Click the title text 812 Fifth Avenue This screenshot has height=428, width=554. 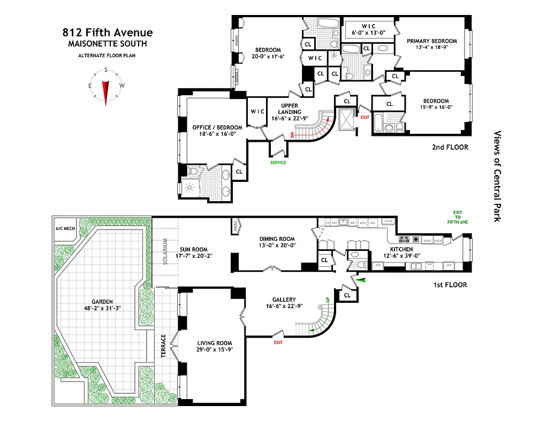(x=107, y=33)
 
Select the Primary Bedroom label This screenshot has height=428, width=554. (x=431, y=41)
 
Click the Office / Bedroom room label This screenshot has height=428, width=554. (x=217, y=127)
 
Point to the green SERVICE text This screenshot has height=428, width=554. (x=278, y=163)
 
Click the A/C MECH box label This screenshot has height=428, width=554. (x=65, y=228)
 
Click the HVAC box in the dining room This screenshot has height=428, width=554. (x=235, y=225)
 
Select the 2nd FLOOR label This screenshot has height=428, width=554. (x=450, y=147)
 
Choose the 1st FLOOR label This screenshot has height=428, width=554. (x=450, y=285)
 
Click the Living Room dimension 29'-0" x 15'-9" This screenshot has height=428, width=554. (x=215, y=350)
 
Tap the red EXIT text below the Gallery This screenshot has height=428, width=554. (x=278, y=342)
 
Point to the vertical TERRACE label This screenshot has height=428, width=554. (x=164, y=353)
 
